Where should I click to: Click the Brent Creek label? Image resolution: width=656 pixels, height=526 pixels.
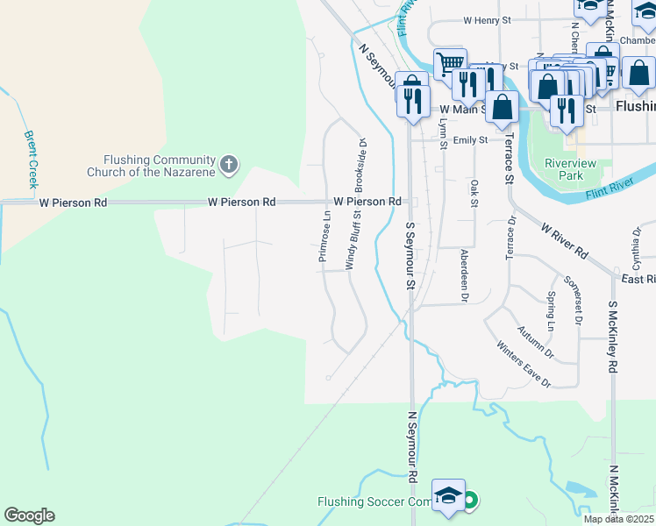32,160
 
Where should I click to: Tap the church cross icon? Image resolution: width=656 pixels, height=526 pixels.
229,164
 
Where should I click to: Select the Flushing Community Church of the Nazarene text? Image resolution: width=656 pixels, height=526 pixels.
159,166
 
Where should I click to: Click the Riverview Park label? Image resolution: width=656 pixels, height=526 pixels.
570,169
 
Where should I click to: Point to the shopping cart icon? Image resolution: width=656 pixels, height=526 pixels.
449,63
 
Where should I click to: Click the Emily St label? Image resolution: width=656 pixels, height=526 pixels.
470,139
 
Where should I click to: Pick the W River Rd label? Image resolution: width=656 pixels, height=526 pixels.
564,239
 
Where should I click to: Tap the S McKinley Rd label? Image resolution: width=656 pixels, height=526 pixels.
611,338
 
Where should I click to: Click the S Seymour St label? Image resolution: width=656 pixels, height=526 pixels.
410,255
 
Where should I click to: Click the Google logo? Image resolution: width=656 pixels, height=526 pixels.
29,515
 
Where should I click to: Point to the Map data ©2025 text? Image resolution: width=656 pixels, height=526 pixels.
619,519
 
